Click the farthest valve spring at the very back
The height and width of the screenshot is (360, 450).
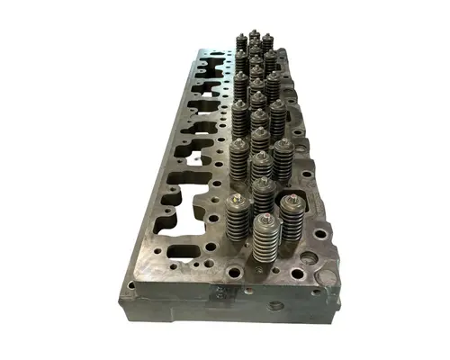[255, 40]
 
